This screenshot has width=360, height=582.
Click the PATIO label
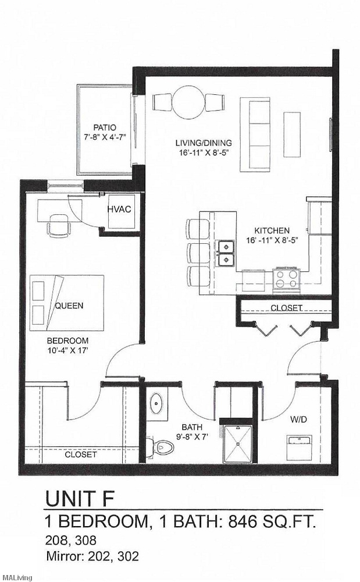105,127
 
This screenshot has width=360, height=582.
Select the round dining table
188,102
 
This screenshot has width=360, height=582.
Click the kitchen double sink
225,253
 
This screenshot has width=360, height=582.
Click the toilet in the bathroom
163,447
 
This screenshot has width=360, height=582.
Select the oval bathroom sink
156,403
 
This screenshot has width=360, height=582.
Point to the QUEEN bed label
69,306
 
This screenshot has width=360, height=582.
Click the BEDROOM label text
69,340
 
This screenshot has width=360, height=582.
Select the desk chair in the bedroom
58,225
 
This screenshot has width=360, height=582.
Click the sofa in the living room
255,134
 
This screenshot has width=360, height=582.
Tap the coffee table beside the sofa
292,134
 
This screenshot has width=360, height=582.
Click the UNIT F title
80,498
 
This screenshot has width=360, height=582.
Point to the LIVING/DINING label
204,143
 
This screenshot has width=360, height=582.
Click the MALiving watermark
17,577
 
